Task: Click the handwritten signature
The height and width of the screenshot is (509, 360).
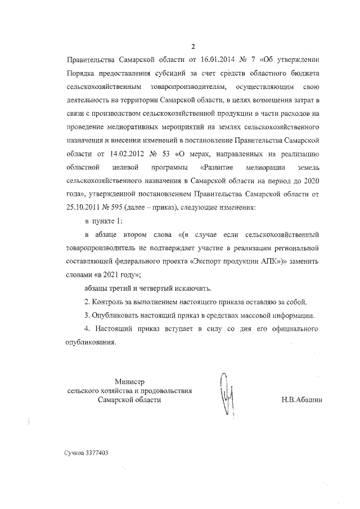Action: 227,394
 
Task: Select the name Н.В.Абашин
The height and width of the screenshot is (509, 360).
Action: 303,400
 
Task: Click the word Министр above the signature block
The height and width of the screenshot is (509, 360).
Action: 129,381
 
